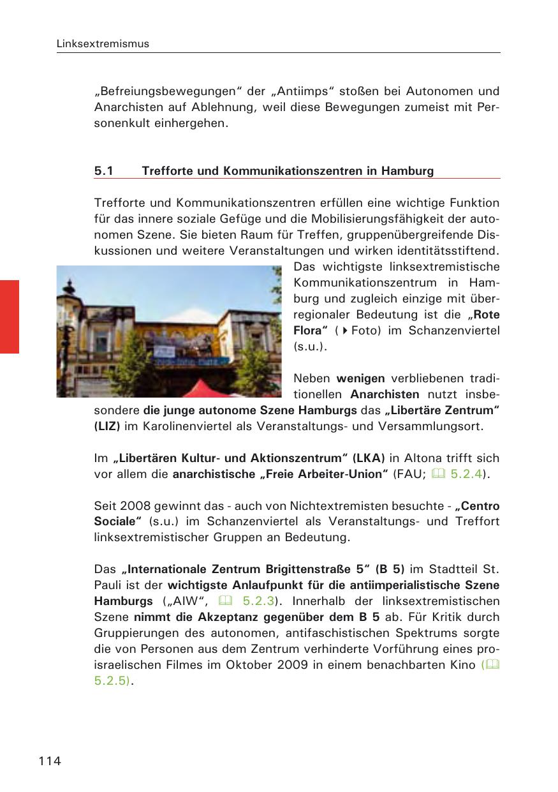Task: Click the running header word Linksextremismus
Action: pyautogui.click(x=103, y=44)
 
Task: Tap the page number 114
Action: pyautogui.click(x=50, y=761)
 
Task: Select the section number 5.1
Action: pyautogui.click(x=103, y=171)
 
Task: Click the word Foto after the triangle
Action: pyautogui.click(x=366, y=331)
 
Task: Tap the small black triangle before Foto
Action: pyautogui.click(x=345, y=331)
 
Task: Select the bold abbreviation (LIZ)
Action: pyautogui.click(x=107, y=425)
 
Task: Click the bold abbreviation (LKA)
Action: pyautogui.click(x=367, y=458)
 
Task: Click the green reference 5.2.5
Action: pyautogui.click(x=112, y=681)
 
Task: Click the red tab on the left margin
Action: pyautogui.click(x=10, y=317)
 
